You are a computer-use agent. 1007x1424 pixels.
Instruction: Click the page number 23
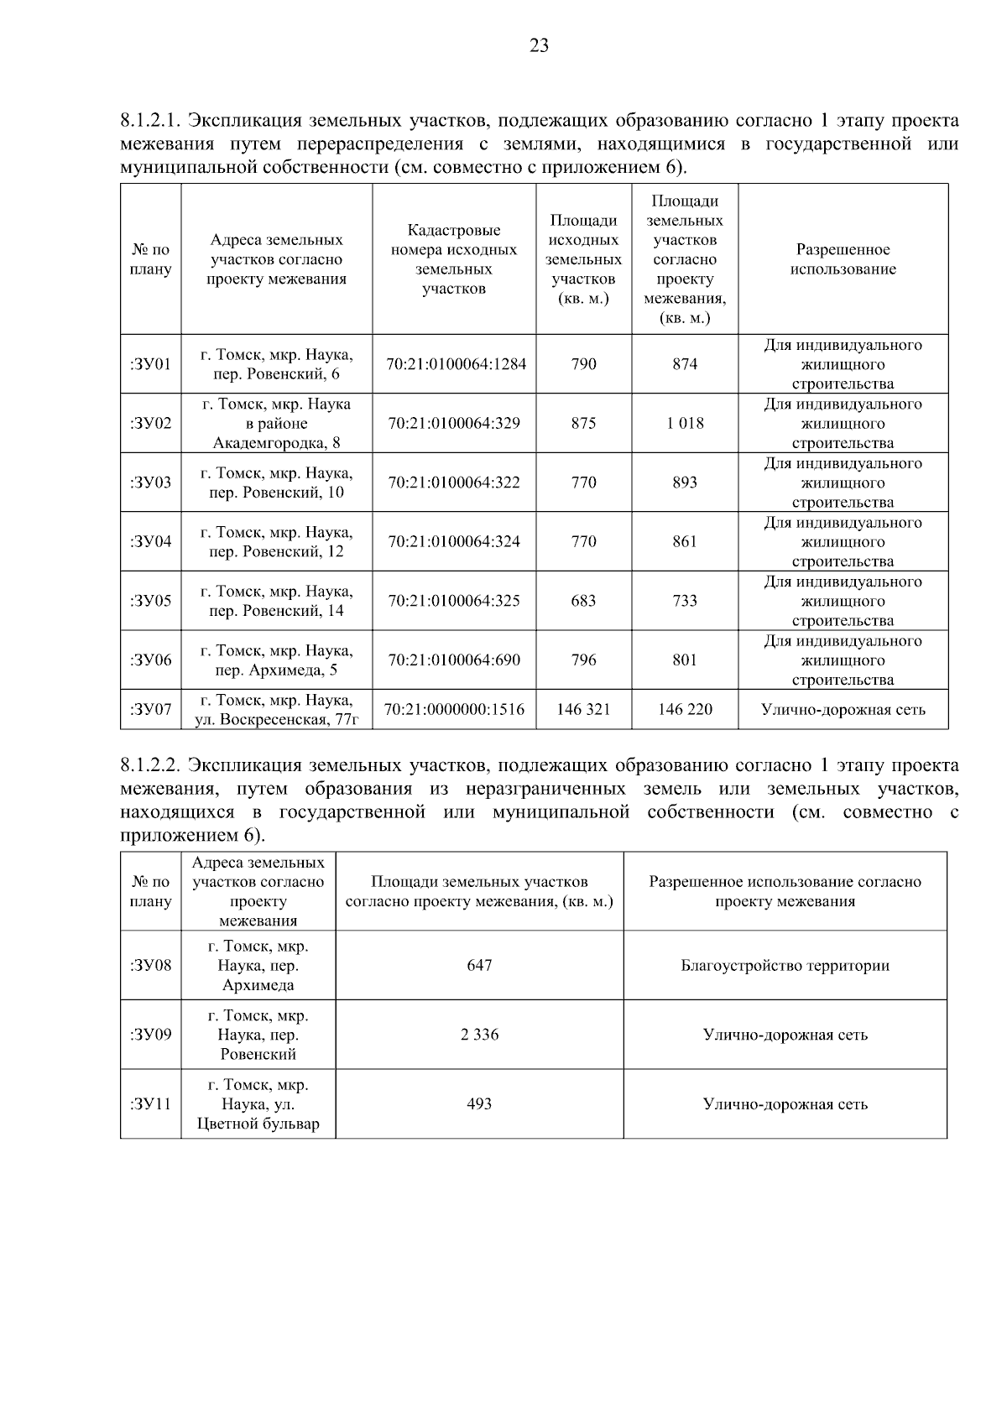click(x=539, y=46)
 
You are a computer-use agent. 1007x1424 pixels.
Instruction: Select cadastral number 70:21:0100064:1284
click(x=456, y=364)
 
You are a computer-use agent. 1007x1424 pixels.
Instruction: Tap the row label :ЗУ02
click(x=151, y=423)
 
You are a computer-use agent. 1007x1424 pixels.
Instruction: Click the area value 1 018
click(x=685, y=423)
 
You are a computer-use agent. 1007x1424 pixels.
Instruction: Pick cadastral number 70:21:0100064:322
click(x=454, y=482)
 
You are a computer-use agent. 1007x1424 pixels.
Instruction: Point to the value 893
click(x=685, y=482)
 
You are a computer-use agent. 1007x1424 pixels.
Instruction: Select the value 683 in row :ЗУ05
click(x=583, y=601)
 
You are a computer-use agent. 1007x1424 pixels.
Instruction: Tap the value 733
click(x=685, y=601)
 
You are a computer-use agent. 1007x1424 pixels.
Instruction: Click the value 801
click(x=685, y=660)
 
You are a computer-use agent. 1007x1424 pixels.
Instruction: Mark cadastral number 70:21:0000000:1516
click(x=454, y=710)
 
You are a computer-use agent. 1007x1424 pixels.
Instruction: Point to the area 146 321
click(x=583, y=710)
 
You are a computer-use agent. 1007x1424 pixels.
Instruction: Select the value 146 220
click(x=685, y=710)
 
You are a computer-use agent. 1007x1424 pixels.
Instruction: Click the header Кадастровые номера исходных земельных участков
click(x=454, y=259)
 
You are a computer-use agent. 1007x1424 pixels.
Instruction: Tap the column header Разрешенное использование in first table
click(x=843, y=259)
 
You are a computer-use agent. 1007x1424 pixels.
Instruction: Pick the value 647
click(x=479, y=966)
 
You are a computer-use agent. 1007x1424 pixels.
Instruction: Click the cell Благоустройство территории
click(x=785, y=966)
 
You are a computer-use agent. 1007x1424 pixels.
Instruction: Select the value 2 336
click(x=479, y=1035)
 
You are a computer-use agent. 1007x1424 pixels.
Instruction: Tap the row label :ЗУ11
click(x=151, y=1104)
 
